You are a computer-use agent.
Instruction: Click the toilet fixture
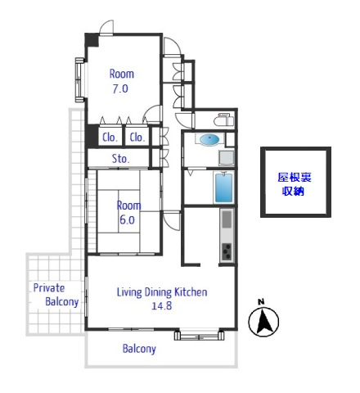223,120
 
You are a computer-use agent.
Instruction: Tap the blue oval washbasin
209,139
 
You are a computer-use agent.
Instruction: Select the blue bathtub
224,187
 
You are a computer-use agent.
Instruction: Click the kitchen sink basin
227,219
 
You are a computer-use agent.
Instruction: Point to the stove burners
227,251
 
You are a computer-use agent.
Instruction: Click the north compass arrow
263,322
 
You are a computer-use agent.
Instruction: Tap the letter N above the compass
261,301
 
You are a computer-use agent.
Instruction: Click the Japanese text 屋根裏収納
295,184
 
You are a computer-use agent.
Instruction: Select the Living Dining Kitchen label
162,292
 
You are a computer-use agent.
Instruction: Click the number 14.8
162,305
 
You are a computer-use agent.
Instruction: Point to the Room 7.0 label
121,81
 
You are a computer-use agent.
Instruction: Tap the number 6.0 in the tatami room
127,219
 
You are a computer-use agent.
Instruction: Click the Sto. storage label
120,158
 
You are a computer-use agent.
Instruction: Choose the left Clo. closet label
110,138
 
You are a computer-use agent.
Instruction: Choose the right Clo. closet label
137,138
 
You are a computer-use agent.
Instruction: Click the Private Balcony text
56,295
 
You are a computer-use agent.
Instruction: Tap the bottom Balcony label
139,349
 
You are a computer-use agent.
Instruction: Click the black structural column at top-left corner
92,40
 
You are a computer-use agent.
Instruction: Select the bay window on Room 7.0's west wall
80,79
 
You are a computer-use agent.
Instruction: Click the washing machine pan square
227,157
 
